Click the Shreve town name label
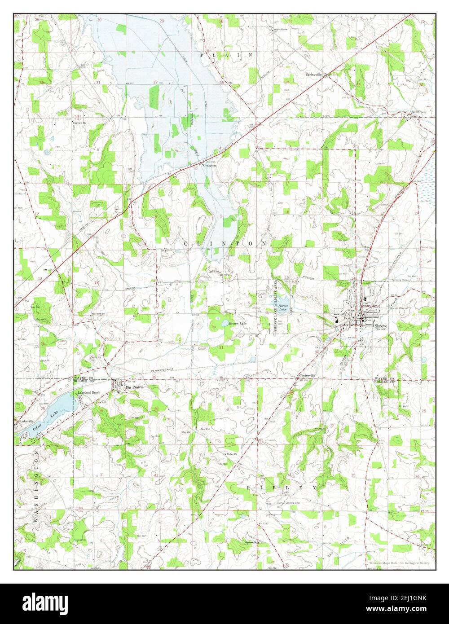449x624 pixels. pyautogui.click(x=381, y=326)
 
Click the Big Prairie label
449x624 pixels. pyautogui.click(x=134, y=387)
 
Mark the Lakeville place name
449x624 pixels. pyautogui.click(x=26, y=422)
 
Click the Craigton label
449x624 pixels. pyautogui.click(x=209, y=165)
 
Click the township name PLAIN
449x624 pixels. pyautogui.click(x=226, y=55)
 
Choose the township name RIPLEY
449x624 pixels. pyautogui.click(x=282, y=487)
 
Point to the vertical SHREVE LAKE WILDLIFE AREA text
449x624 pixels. pyautogui.click(x=271, y=305)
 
